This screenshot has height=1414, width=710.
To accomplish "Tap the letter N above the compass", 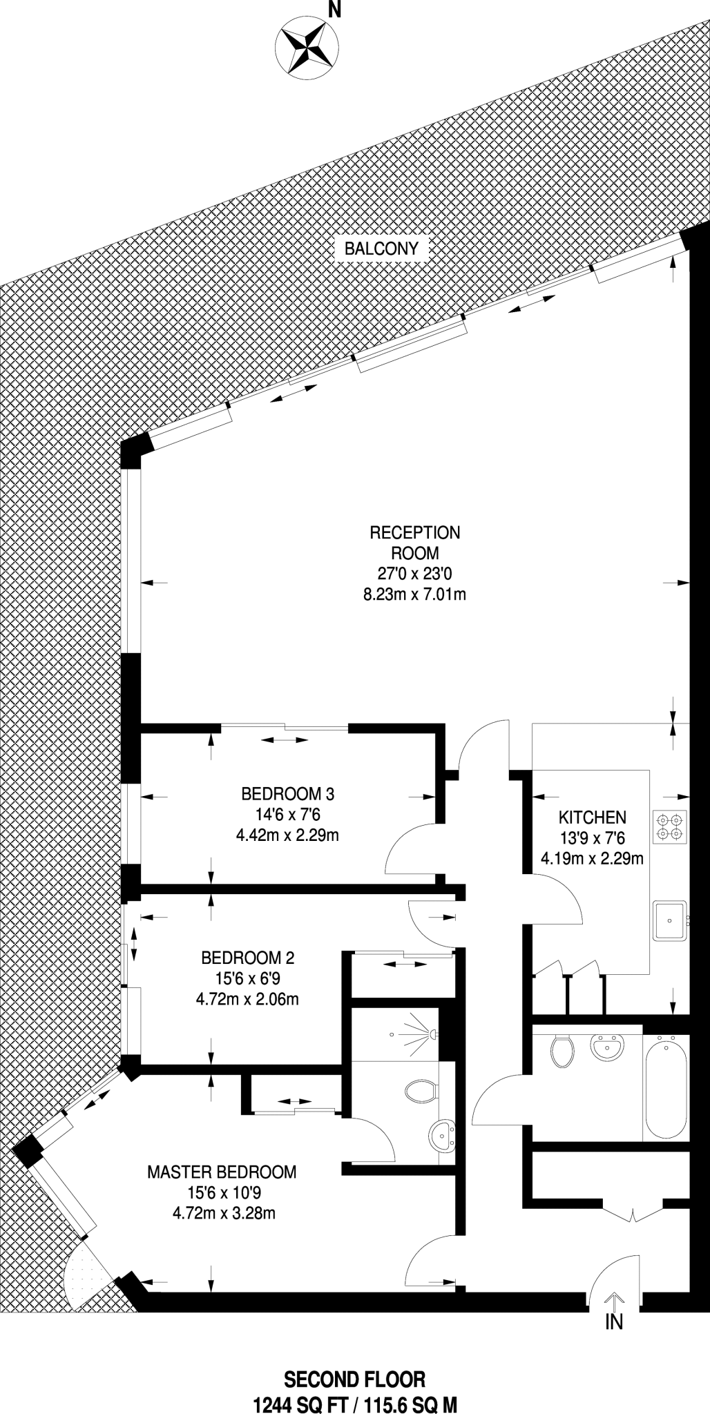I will point(335,9).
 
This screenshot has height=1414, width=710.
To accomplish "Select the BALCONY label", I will point(381,249).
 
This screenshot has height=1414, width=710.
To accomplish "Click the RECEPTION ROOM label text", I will point(415,542).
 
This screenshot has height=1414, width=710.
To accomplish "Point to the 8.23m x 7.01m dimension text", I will point(415,594).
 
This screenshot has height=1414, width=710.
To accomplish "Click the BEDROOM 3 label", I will point(287,794).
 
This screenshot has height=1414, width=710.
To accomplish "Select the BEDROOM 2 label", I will point(248,958).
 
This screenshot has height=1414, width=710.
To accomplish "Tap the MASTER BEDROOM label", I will point(222,1172).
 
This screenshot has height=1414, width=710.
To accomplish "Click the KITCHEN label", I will point(592,817).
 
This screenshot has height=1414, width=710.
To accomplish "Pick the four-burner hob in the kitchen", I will point(670,826).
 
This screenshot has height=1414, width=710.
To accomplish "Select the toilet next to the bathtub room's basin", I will point(563,1052).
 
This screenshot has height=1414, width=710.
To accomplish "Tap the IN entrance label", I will point(613,1322).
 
